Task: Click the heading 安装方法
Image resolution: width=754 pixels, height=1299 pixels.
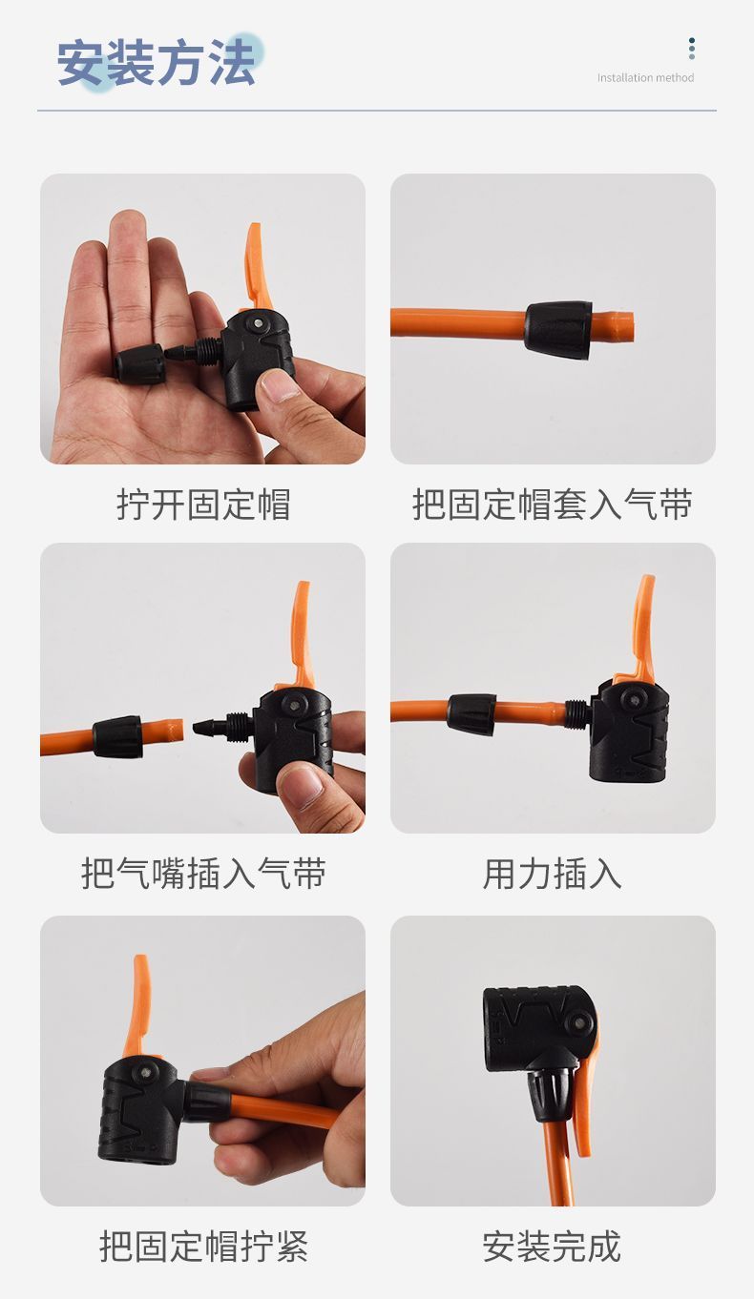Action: click(x=157, y=63)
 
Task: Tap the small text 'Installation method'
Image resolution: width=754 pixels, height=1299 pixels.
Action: click(x=645, y=77)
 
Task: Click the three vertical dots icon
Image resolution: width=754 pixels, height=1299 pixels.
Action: click(x=691, y=49)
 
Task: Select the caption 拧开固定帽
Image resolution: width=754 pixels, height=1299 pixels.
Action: click(x=203, y=505)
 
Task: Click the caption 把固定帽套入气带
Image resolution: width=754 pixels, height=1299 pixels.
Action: click(x=553, y=505)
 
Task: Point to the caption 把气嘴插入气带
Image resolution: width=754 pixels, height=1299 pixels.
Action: click(x=203, y=874)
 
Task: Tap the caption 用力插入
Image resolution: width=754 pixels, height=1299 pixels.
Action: click(x=553, y=874)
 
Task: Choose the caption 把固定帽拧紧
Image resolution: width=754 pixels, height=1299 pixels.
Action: click(x=203, y=1246)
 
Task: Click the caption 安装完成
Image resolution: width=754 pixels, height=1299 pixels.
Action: click(x=553, y=1246)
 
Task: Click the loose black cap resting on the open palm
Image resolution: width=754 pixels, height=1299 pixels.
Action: click(x=139, y=364)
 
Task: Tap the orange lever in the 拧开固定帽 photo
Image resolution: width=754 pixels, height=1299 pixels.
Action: click(x=259, y=267)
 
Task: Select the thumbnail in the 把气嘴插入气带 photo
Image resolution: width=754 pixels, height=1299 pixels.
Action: click(x=301, y=787)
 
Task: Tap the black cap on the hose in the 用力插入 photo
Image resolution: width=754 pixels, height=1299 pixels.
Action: click(x=471, y=714)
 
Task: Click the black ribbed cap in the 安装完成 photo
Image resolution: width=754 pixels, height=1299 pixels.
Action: click(x=552, y=1092)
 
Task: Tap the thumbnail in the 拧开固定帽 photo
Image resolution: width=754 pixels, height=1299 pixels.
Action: click(x=278, y=386)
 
